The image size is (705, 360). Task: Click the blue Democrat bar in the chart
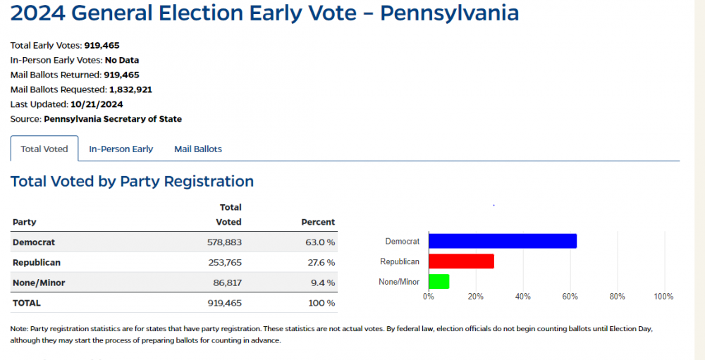[x=503, y=241]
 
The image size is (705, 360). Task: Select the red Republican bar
[x=461, y=261]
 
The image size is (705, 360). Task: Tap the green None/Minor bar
[x=439, y=282]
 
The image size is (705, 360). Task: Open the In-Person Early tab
[x=121, y=149]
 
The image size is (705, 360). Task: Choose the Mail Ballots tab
[x=198, y=149]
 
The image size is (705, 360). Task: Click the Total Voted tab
[x=44, y=149]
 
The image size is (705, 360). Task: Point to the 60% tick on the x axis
[x=570, y=297]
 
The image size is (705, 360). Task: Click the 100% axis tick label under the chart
[x=663, y=297]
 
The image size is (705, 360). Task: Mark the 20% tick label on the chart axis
[x=475, y=297]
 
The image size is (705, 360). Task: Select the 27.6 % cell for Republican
[x=318, y=263]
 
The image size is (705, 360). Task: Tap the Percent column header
[x=318, y=222]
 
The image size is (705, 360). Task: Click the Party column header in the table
[x=25, y=222]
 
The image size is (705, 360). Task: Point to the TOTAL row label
[x=27, y=303]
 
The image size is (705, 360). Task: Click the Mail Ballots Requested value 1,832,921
[x=130, y=89]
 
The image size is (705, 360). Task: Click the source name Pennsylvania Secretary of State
[x=113, y=119]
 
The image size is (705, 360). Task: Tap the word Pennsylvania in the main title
[x=449, y=13]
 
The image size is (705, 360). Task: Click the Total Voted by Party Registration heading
[x=132, y=181]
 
